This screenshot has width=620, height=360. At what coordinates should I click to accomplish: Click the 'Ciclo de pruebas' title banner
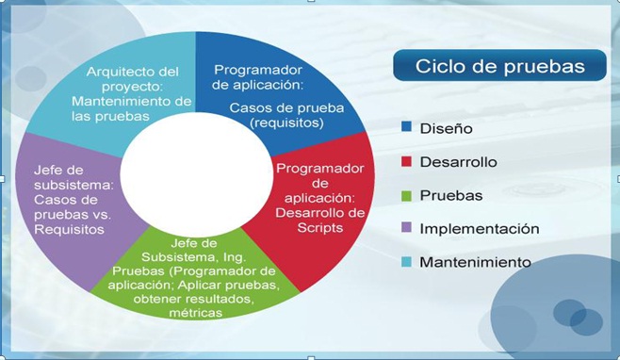click(x=499, y=66)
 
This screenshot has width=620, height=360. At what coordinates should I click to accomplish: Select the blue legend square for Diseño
click(x=406, y=127)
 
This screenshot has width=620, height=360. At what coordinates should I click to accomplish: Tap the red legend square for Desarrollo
click(x=406, y=161)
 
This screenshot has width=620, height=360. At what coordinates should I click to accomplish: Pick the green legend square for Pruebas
click(x=406, y=195)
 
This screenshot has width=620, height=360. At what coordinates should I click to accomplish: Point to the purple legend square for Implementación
click(x=406, y=228)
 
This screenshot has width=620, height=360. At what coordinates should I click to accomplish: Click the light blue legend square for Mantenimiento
click(x=406, y=261)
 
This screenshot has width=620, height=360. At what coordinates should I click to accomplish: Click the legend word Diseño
click(x=446, y=128)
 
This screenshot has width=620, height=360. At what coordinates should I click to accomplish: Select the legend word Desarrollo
click(x=458, y=162)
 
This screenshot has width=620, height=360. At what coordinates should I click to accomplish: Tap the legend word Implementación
click(x=479, y=229)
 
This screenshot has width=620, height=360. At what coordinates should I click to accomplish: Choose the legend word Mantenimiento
click(x=475, y=262)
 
